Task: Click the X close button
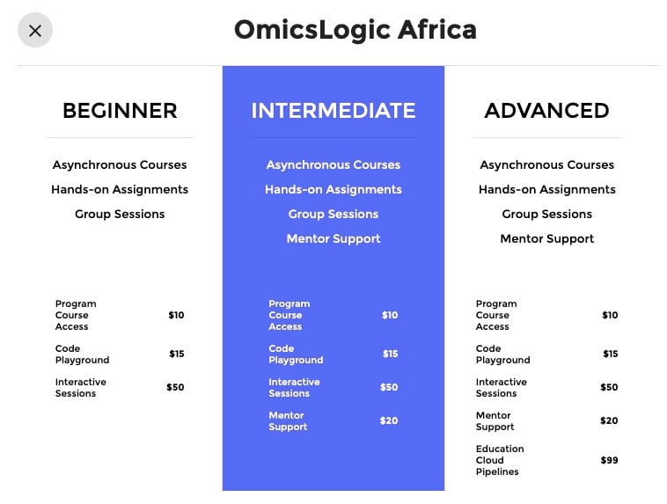(35, 30)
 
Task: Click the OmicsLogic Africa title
(355, 30)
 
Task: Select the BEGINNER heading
(120, 111)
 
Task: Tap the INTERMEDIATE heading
(333, 111)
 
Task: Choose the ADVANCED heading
(546, 111)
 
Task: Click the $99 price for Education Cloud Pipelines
(609, 460)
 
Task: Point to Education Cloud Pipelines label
(500, 460)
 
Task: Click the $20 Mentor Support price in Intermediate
(389, 420)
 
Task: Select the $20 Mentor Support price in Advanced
(609, 420)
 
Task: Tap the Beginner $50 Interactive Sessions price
(175, 387)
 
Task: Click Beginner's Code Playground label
(82, 354)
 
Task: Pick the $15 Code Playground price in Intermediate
(390, 354)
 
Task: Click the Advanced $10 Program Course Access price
(610, 315)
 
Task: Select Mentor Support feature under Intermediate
(333, 239)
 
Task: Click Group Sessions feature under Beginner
(120, 214)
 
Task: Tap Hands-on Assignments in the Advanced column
(547, 189)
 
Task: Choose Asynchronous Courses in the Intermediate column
(333, 165)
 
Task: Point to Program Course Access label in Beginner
(76, 315)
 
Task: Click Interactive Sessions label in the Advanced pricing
(501, 388)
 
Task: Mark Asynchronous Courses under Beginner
(120, 165)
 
